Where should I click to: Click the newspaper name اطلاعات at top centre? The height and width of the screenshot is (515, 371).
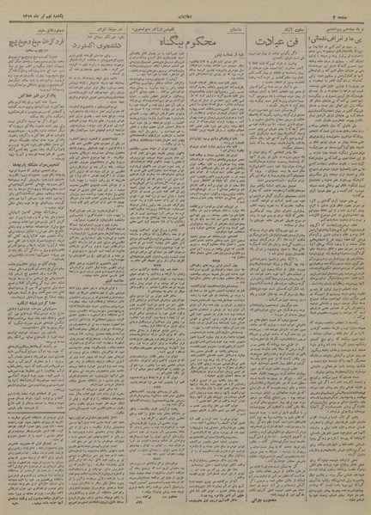tap(185, 6)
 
